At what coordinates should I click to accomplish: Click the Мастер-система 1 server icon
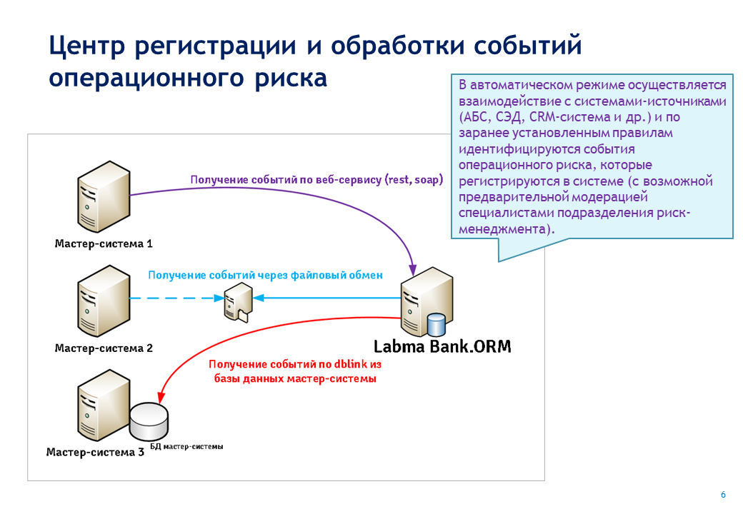(104, 196)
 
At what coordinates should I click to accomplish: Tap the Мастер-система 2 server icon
(104, 301)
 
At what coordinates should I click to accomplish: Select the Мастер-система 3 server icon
(104, 405)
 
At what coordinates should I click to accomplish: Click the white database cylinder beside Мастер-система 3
(149, 420)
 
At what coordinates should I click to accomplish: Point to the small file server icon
(238, 303)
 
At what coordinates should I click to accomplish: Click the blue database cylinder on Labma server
(436, 325)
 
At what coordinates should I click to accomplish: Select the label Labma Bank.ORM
(442, 346)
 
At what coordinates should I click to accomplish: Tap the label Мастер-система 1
(104, 243)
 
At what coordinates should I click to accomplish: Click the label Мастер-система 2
(104, 348)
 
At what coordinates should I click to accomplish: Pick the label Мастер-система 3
(95, 453)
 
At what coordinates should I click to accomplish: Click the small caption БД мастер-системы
(186, 446)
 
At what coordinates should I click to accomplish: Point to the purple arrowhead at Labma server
(413, 271)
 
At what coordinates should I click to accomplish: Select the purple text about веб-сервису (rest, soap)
(316, 180)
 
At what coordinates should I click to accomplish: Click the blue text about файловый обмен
(265, 276)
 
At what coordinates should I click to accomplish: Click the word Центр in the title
(87, 46)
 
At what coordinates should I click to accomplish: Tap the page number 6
(723, 495)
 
